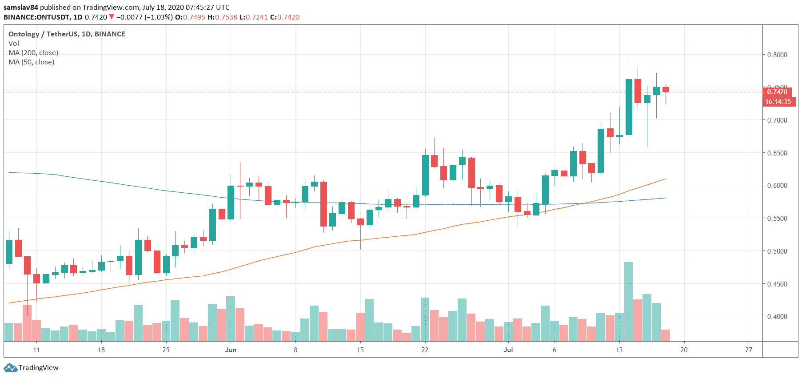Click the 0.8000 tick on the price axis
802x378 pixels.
tap(777, 55)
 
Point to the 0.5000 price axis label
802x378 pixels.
tap(777, 251)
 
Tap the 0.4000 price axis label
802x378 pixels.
tap(777, 317)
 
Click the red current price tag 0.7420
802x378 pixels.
tap(777, 92)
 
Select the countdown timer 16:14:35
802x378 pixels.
tap(778, 102)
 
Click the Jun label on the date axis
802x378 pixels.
tap(231, 350)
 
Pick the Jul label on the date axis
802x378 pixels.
tap(508, 350)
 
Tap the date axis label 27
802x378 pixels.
tap(749, 350)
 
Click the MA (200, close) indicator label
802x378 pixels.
tap(33, 53)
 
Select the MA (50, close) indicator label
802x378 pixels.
tap(32, 62)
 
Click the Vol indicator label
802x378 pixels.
tap(14, 44)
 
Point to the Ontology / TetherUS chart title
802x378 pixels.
tap(67, 34)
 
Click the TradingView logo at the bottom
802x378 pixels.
tap(31, 368)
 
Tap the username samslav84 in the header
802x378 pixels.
tap(21, 8)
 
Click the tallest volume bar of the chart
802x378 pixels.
tap(628, 302)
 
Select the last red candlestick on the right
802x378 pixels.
tap(666, 90)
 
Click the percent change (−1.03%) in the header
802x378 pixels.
tap(159, 17)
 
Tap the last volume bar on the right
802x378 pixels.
tap(666, 335)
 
